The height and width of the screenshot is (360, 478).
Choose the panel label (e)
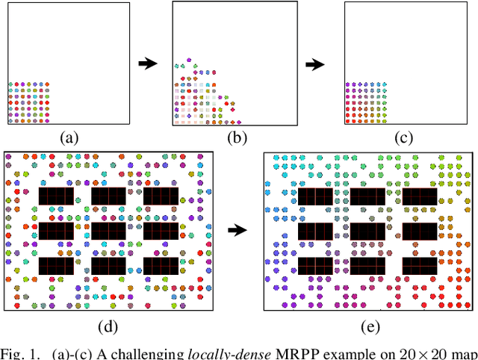[369, 326]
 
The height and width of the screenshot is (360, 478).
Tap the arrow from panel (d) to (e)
[237, 231]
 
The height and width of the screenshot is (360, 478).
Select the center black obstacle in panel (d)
[108, 231]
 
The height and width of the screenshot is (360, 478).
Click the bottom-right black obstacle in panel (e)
[420, 264]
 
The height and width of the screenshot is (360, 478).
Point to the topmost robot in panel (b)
[189, 58]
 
